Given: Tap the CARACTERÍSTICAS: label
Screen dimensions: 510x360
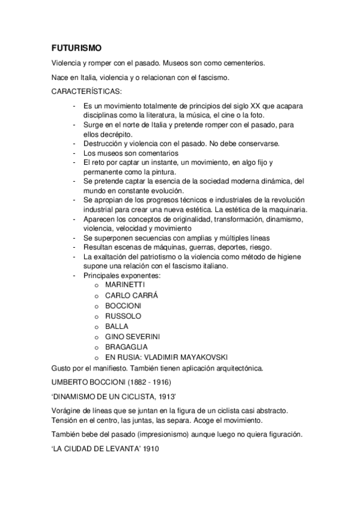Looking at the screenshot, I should pyautogui.click(x=87, y=91).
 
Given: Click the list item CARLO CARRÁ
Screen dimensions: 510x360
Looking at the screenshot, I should pyautogui.click(x=132, y=295).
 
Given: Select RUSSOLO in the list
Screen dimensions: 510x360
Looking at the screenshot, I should pyautogui.click(x=123, y=316).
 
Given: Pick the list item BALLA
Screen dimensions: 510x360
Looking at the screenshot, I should pyautogui.click(x=117, y=326).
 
